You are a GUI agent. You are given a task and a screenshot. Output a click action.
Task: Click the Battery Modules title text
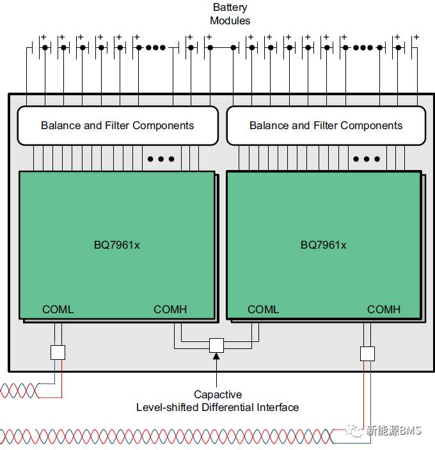point(230,14)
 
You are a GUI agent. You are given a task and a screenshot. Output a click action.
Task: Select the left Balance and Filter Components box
point(118,126)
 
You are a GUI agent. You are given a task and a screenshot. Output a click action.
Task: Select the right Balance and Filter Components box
point(326,126)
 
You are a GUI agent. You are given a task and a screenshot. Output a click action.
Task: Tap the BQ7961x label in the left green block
point(117,245)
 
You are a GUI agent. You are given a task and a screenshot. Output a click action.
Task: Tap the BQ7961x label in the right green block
point(323,245)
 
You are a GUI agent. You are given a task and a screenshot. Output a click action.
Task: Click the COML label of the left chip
point(58,309)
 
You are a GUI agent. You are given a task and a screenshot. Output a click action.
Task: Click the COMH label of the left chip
point(170,309)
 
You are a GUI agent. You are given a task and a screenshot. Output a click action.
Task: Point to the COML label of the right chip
point(264,309)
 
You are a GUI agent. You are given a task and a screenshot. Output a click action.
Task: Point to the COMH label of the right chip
point(384,309)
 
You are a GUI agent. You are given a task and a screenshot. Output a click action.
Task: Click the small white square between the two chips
point(216,346)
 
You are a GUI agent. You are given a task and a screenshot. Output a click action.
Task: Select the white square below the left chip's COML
point(58,352)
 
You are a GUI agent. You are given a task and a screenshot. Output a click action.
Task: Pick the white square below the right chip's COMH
point(368,353)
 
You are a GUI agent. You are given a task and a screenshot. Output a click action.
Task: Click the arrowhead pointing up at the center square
point(216,356)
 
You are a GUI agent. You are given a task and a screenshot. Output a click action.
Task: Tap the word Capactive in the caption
point(218,394)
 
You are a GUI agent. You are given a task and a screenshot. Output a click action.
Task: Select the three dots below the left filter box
point(161,159)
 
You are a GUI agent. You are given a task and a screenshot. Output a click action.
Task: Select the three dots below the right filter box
point(367,159)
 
